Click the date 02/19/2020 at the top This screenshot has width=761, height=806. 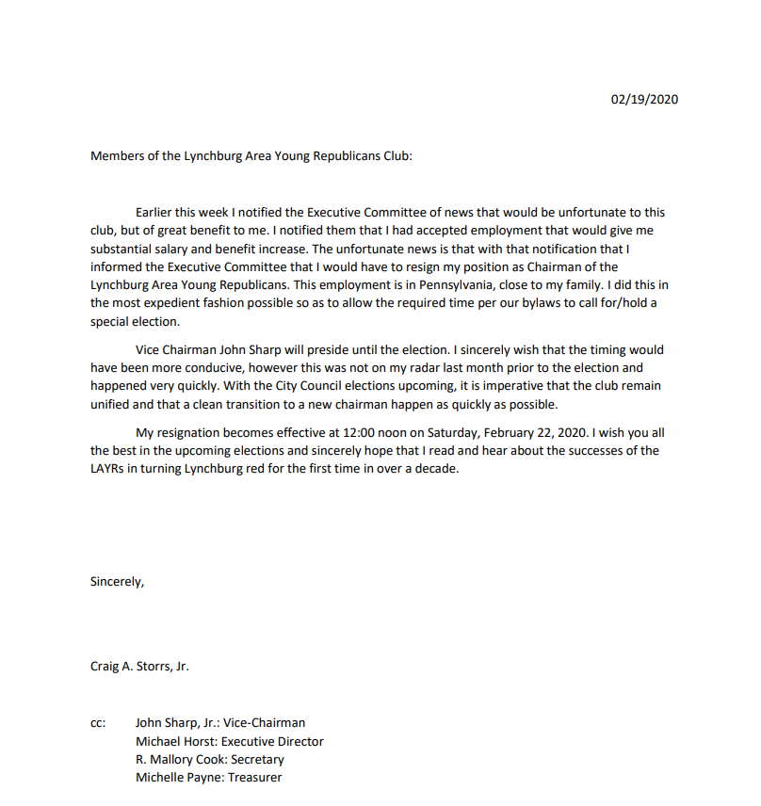[644, 100]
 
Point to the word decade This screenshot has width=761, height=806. [437, 469]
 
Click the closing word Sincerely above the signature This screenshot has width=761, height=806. [117, 581]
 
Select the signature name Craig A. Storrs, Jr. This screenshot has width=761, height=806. [139, 666]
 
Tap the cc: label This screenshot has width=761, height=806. [98, 723]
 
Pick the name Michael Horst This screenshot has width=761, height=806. [175, 741]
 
